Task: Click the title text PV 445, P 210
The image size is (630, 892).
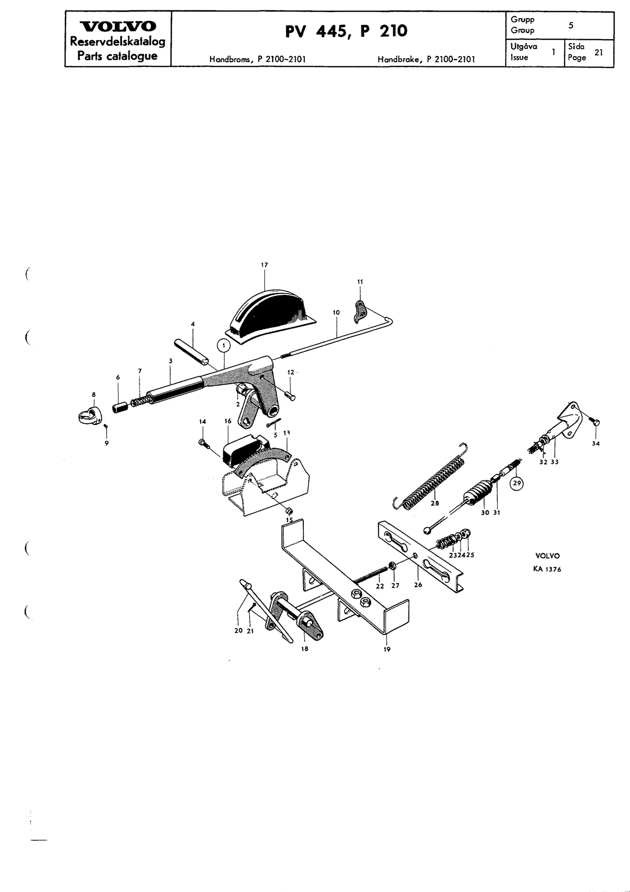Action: click(346, 31)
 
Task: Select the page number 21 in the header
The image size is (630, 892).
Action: click(598, 52)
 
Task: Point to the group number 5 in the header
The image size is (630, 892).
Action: click(571, 25)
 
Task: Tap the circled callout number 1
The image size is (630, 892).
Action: click(224, 345)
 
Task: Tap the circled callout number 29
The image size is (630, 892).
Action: click(517, 483)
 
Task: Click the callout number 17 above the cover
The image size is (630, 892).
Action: click(264, 265)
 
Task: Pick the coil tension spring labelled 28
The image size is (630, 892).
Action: click(430, 475)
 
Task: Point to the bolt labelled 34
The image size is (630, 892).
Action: click(594, 421)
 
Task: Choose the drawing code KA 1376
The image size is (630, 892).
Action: click(547, 569)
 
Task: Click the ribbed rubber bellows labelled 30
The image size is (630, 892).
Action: click(477, 496)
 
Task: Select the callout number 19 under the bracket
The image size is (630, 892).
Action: click(387, 649)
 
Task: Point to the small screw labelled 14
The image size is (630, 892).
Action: click(204, 444)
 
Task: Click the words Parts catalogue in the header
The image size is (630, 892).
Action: click(117, 56)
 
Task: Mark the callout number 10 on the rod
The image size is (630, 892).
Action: click(336, 312)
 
